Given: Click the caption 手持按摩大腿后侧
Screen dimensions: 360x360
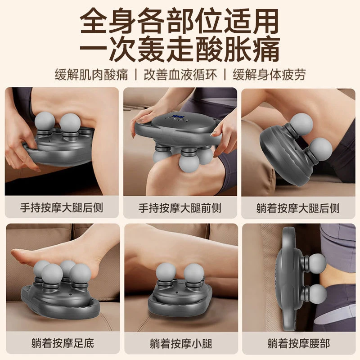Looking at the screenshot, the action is (62, 208).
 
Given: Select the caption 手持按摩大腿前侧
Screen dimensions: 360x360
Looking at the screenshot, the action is (180, 208).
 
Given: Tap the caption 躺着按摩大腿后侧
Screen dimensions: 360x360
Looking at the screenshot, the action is (298, 208).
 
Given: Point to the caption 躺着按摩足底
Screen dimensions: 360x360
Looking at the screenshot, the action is (63, 343).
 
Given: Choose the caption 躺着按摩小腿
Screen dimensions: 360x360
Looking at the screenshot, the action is (181, 344).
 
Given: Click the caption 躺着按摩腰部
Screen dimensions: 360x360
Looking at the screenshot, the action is (299, 344).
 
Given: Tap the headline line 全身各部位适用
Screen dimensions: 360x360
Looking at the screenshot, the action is (179, 21).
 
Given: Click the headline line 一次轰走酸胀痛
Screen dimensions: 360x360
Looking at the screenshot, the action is (180, 49).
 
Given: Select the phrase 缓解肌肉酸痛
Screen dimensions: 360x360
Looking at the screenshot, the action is (91, 75).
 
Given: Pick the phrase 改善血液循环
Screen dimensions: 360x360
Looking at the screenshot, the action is (180, 75).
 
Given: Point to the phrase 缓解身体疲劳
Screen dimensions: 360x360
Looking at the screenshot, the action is (269, 75).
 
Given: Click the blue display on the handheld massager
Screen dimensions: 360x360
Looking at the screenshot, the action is (178, 116).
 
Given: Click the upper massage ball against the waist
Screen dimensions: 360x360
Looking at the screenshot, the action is (316, 263).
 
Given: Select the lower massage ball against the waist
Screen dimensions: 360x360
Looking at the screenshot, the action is (317, 294).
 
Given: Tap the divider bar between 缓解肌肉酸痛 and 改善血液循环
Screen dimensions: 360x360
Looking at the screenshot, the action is (136, 75).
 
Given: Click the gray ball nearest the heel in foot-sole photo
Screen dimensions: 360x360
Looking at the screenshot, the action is (81, 274).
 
